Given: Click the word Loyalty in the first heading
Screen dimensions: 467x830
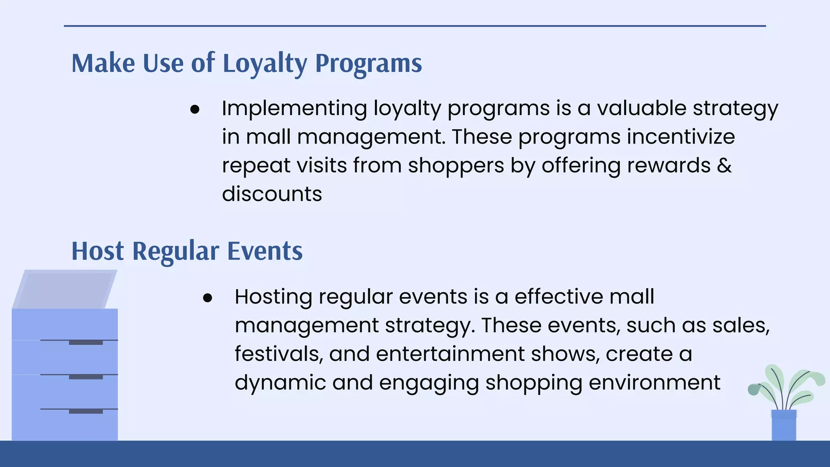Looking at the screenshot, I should pos(265,64).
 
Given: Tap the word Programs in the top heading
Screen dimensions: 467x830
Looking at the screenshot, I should pos(368,64).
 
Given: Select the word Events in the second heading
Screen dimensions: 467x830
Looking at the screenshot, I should pos(265,251).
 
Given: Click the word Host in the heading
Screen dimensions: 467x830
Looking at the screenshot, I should pos(98,251).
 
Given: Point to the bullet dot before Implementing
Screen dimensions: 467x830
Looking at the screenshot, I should pos(195,109).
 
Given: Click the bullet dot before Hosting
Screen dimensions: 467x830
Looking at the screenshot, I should pos(207,298).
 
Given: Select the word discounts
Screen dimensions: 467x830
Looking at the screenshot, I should pos(272,194).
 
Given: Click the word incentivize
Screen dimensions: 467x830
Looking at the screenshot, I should pos(681,137).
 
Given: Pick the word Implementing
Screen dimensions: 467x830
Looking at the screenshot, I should pos(294,109).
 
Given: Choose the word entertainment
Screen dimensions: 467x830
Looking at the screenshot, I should pos(450,353).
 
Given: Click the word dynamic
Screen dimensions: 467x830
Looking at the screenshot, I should pos(280,383).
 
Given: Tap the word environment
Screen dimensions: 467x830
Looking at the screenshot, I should pos(654,382).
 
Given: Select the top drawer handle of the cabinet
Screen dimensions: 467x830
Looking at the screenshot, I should pos(86,343).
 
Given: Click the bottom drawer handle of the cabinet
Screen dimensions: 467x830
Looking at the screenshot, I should pos(86,411).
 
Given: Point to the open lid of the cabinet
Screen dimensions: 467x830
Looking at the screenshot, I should pos(65,289).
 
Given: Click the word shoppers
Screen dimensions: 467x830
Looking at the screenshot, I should pos(456,165).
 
